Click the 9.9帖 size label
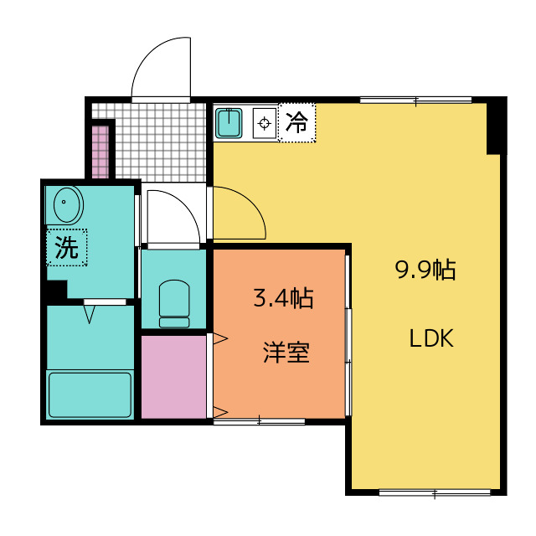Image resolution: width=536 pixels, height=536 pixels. pos(425,270)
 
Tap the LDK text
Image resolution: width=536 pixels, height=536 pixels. pos(431,339)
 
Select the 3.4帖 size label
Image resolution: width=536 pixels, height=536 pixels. pos(283,298)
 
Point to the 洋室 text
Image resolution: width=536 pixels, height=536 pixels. pos(286,353)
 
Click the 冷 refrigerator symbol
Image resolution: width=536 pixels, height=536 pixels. pos(296,123)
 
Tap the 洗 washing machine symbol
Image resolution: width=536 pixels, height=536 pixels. pos(66,247)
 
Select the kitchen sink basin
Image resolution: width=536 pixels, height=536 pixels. pos(229,123)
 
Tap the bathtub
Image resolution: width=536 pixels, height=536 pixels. pos(90,394)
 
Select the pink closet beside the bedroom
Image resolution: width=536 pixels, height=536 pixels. pos(173,376)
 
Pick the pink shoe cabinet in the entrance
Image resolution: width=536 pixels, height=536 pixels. pos(100,151)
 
